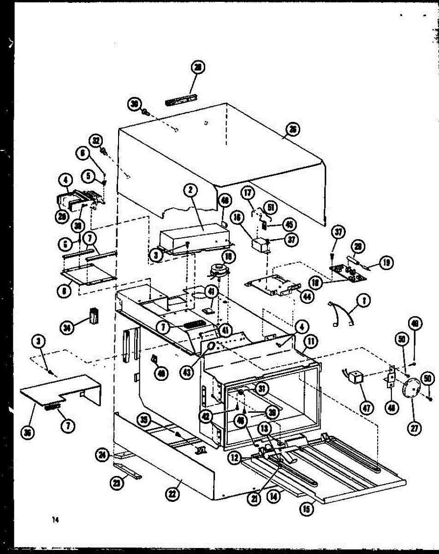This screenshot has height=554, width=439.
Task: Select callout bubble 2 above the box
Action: pos(190,189)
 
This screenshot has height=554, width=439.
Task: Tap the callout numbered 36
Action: pos(29,434)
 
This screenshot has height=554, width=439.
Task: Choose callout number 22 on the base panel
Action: pos(172,494)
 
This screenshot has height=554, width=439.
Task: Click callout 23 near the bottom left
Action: pos(117,483)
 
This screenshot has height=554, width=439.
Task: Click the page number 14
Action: pos(56,520)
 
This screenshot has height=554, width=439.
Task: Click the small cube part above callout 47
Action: pos(354,378)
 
